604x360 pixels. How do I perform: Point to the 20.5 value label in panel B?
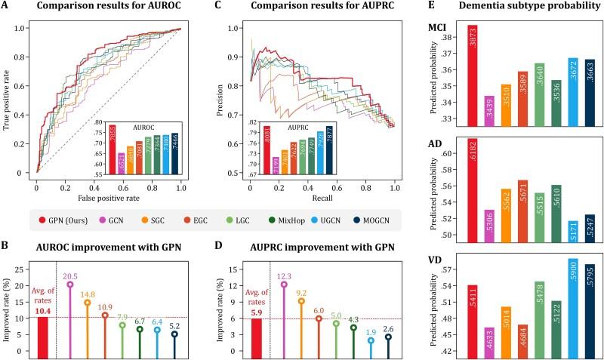click(70, 275)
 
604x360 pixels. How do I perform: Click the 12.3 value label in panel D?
click(283, 275)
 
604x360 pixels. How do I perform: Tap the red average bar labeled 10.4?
click(42, 334)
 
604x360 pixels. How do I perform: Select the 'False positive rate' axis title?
click(109, 198)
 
